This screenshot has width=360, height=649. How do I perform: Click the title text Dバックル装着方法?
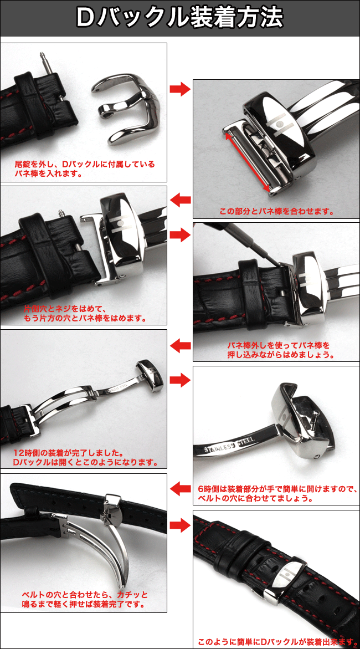(180, 18)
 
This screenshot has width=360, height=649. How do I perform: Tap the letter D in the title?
(87, 18)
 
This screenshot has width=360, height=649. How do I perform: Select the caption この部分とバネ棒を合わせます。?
(276, 211)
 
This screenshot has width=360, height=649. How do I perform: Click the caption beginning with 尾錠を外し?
(84, 168)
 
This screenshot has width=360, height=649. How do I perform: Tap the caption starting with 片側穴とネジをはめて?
(84, 313)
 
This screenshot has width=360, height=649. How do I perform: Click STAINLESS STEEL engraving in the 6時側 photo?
(228, 447)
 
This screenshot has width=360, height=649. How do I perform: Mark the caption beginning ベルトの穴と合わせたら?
(84, 599)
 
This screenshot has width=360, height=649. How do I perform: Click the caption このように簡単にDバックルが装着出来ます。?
(276, 642)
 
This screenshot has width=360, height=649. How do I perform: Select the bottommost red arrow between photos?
(180, 525)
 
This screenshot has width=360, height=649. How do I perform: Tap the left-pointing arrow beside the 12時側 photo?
(180, 346)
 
